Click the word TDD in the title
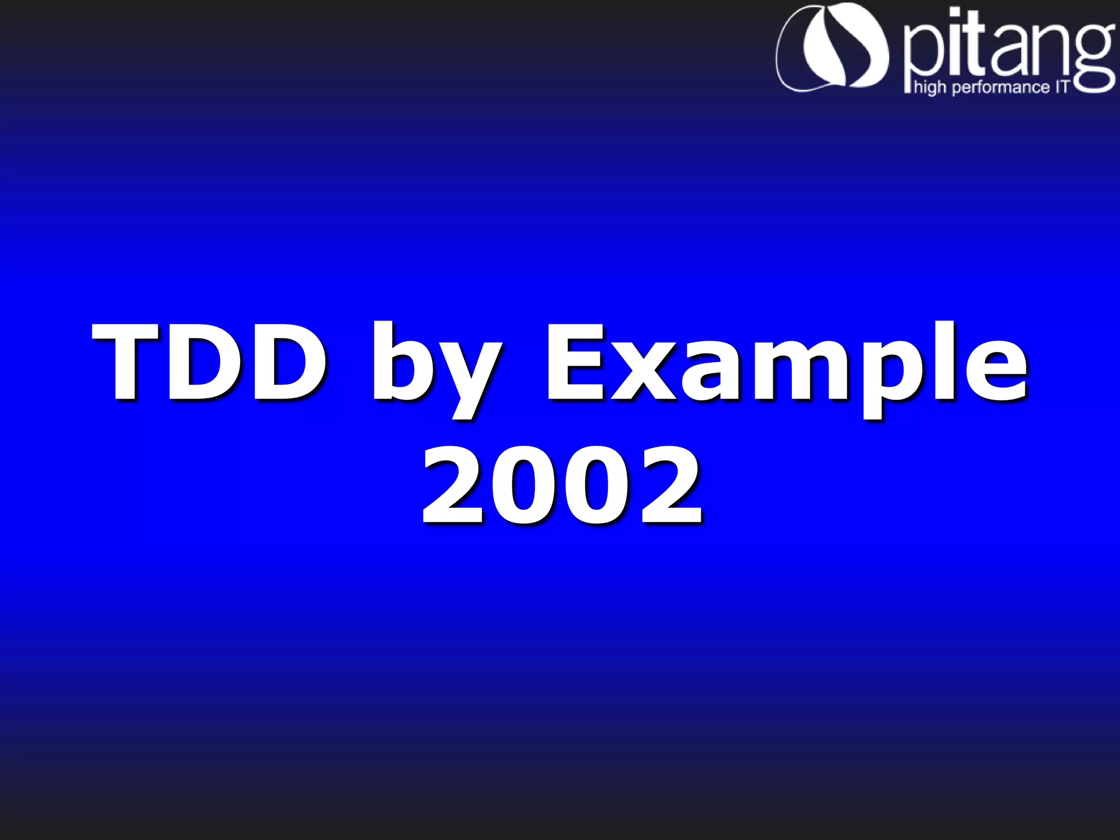(210, 362)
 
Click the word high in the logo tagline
(930, 87)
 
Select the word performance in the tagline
(1001, 87)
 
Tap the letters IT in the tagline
(1061, 86)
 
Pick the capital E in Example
(574, 362)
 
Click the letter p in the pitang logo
(921, 55)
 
